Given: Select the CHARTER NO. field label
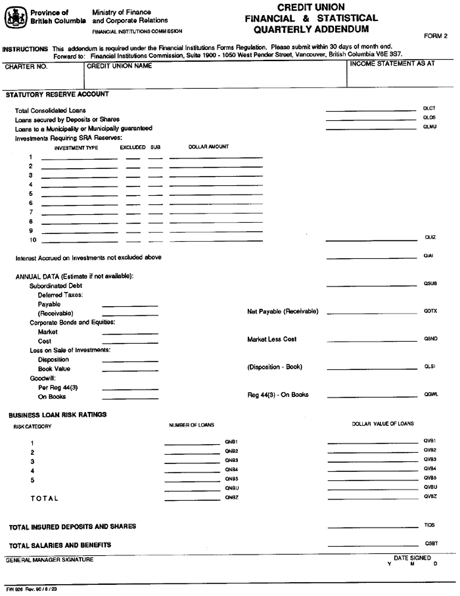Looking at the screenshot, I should click(23, 66).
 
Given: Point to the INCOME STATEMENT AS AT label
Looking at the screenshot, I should click(392, 64).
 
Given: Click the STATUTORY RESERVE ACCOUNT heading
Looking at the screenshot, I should click(57, 95).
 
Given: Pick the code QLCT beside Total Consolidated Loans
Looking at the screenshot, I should click(429, 108).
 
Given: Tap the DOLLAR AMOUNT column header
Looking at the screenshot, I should click(208, 147).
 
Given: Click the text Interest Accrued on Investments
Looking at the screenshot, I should click(88, 257).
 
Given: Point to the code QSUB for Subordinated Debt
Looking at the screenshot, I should click(430, 284).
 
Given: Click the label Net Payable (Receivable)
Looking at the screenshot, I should click(283, 311).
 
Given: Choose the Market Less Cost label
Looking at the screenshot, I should click(272, 339).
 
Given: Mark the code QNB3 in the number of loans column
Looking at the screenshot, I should click(231, 459).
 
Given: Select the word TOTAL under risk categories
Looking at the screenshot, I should click(44, 499).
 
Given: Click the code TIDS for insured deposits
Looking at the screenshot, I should click(430, 526).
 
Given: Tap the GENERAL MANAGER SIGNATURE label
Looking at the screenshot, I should click(50, 560).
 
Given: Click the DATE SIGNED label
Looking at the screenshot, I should click(412, 558).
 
